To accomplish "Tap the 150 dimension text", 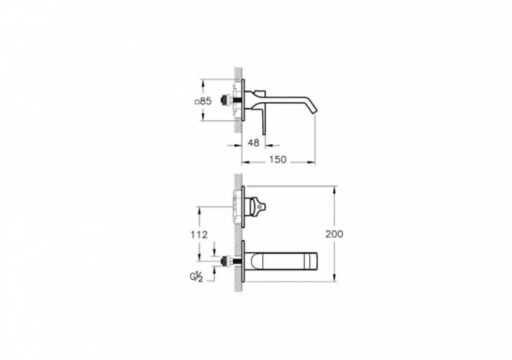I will (x=277, y=161).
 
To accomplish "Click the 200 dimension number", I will (x=335, y=233).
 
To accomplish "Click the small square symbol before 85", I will (x=197, y=102).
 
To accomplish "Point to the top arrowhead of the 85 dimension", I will (x=202, y=83).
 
